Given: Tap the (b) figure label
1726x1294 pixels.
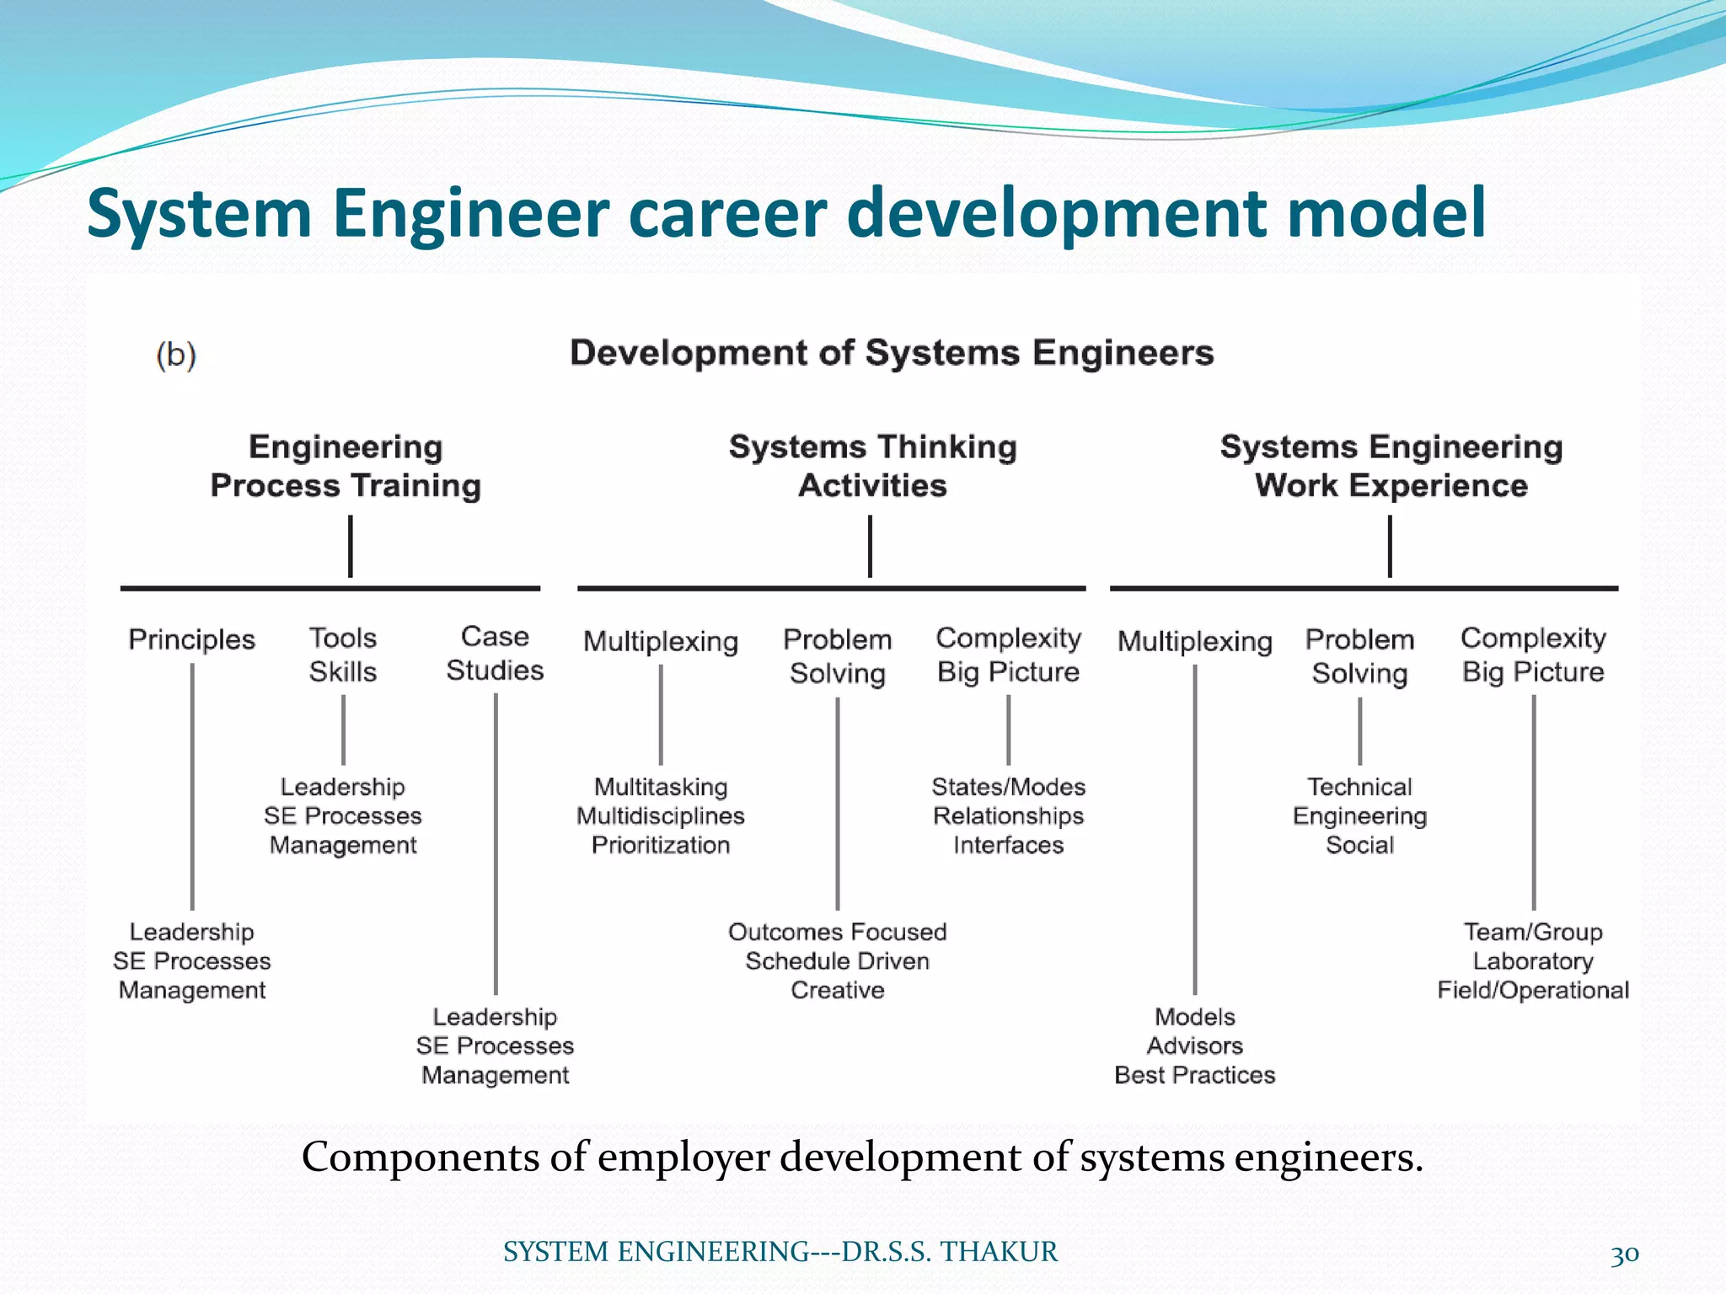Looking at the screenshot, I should tap(176, 355).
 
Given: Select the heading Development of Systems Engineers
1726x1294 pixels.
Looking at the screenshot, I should tap(892, 352).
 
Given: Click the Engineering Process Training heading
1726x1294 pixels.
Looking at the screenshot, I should tap(346, 466).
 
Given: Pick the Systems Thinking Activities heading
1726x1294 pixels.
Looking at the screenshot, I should tap(872, 466).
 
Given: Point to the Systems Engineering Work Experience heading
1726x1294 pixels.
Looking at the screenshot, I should tap(1391, 466).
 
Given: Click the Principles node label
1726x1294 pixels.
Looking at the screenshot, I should tap(191, 639).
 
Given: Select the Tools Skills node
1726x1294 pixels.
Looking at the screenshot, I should tap(342, 655).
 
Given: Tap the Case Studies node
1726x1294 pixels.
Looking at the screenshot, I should tap(495, 653).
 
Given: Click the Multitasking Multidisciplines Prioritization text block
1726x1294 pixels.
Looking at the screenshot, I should tap(661, 815).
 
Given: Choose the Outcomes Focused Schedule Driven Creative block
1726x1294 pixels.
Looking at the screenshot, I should tap(837, 960).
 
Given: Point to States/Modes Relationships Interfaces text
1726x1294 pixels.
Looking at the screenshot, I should tap(1008, 815).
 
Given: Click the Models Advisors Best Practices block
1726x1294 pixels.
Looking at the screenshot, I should tap(1194, 1045).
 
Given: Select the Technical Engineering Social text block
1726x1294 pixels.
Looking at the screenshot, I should tap(1359, 815).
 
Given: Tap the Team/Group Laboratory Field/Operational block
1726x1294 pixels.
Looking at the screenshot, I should tap(1533, 960).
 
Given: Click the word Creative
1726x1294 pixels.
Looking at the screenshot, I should tap(837, 990).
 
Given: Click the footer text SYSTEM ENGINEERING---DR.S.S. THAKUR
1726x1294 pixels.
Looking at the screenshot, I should tap(780, 1252).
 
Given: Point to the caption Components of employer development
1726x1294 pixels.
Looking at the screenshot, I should tap(862, 1157).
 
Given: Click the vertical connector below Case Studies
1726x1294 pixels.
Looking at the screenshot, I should tap(496, 842).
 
